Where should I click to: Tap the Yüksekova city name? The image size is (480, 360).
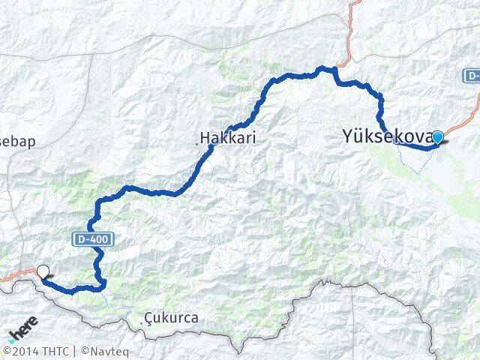click(387, 136)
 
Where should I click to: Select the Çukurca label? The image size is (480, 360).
click(173, 318)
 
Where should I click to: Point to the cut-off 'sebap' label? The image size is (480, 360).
click(18, 141)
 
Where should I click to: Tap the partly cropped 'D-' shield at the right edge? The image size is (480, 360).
click(472, 76)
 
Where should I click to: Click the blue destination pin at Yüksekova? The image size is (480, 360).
click(437, 137)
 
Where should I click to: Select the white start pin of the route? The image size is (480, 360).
click(43, 274)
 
